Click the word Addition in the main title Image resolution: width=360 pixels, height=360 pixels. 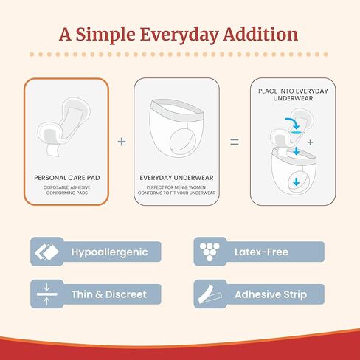262,34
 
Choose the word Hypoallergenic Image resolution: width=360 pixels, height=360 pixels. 109,252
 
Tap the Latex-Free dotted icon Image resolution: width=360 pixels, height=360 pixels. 210,252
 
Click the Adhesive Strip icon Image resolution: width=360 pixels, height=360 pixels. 210,294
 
